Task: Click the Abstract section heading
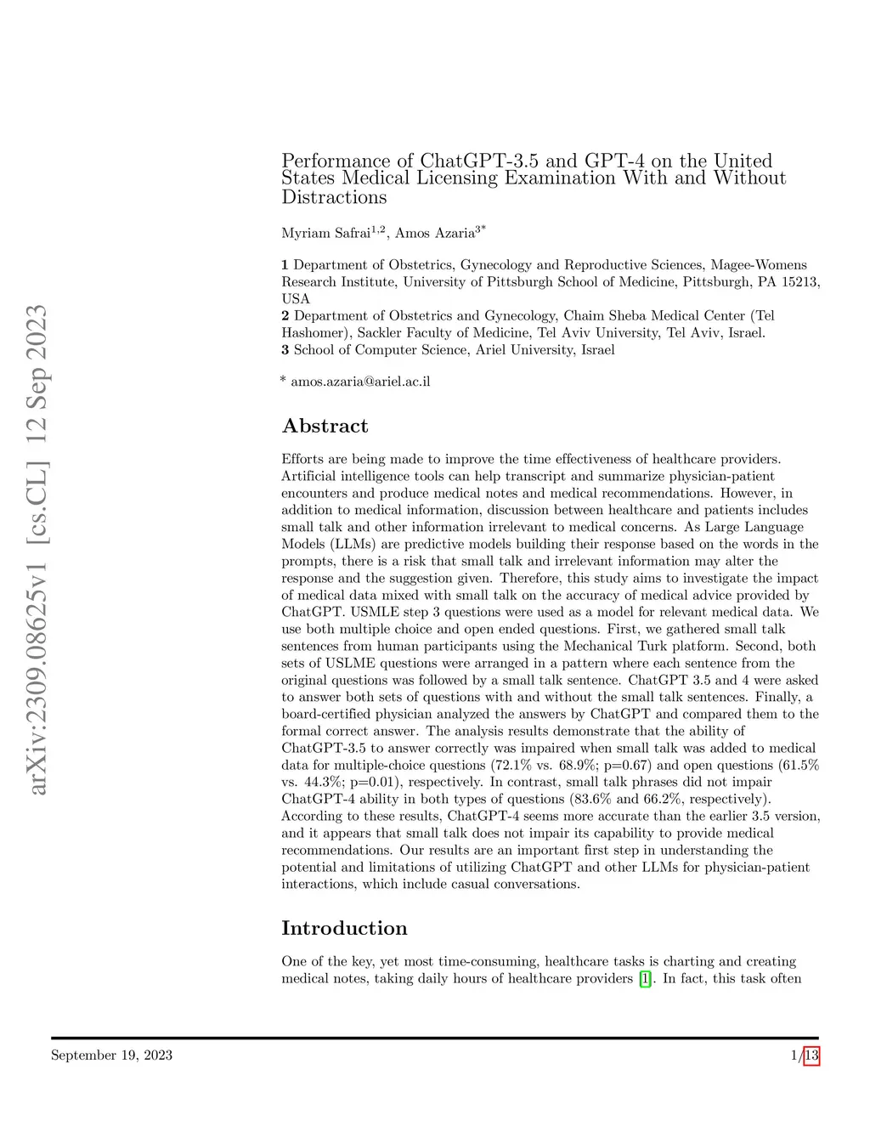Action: coord(325,426)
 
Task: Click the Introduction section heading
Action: coord(344,928)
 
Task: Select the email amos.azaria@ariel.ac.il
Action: coord(360,382)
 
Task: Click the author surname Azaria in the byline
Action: coord(454,233)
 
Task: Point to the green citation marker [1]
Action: coord(646,979)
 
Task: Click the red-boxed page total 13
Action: coord(811,1055)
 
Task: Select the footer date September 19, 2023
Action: coord(111,1055)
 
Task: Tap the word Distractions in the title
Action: coord(334,197)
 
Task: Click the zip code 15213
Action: coord(798,281)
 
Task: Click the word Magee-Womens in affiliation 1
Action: coord(759,264)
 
